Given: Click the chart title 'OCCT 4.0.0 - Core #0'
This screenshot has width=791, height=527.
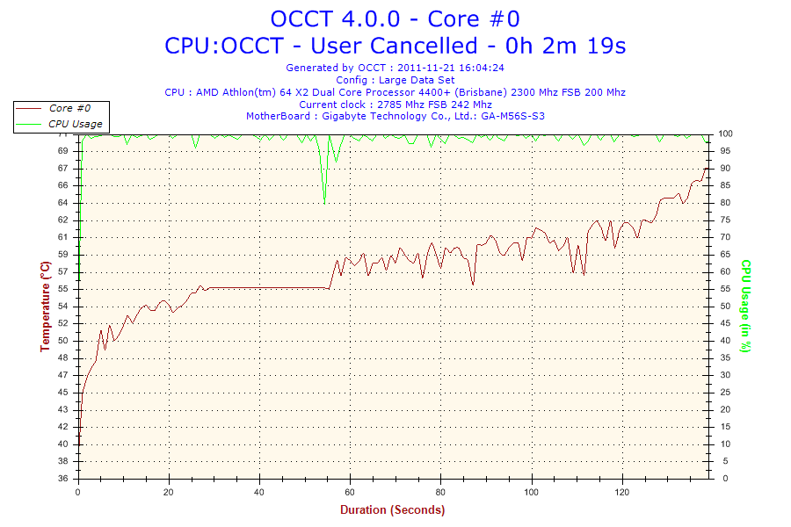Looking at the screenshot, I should (x=395, y=18).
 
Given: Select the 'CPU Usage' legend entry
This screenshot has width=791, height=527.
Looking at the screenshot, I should (x=75, y=124).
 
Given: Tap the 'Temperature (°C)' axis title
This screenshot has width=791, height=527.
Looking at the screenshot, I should (x=46, y=306).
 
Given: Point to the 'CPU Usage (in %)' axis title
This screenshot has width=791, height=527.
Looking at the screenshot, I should (x=745, y=306).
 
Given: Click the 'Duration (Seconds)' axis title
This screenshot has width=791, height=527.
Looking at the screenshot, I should (x=392, y=509).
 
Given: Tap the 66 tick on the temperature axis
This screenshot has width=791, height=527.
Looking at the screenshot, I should (x=62, y=185).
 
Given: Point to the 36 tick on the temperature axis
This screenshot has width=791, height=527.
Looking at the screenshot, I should (x=62, y=479).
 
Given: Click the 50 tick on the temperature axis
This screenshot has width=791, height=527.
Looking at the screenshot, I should (x=62, y=341).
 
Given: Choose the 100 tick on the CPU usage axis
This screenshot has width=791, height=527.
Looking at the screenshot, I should (x=725, y=134).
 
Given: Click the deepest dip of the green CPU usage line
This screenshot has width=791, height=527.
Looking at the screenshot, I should (x=324, y=200).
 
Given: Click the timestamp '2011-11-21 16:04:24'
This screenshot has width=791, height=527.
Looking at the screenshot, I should (x=457, y=67).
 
